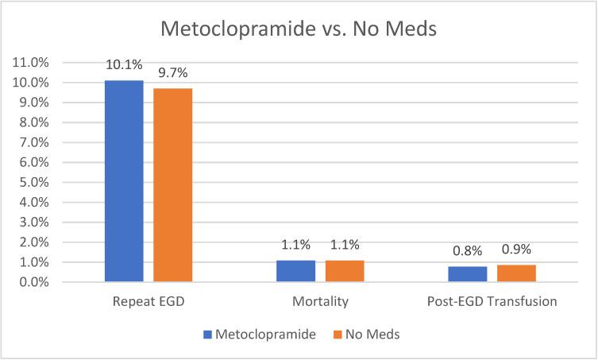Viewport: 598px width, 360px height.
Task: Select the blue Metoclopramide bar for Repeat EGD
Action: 124,181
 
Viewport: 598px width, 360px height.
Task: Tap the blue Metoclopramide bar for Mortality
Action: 296,271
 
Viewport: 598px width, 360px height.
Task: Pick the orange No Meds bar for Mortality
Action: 345,271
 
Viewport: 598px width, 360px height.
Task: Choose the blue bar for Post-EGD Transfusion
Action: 468,274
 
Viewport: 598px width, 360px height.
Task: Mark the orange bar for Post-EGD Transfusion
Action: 516,273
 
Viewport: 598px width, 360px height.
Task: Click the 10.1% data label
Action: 124,65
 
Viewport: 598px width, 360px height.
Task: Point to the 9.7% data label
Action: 172,73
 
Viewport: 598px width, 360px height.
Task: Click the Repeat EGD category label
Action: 149,303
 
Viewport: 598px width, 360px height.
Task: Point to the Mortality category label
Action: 320,303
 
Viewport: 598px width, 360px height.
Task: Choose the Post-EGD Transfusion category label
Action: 492,303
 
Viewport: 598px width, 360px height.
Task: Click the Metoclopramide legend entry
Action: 262,335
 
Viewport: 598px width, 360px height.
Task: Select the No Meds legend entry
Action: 367,335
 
